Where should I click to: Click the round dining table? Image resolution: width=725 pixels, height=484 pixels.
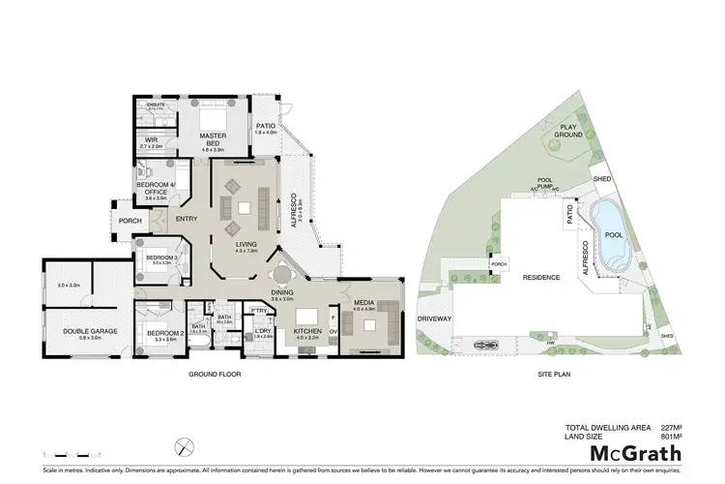tap(275, 273)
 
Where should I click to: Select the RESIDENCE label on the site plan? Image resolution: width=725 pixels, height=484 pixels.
tap(542, 278)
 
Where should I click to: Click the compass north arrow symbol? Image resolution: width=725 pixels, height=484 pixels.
tap(180, 447)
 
